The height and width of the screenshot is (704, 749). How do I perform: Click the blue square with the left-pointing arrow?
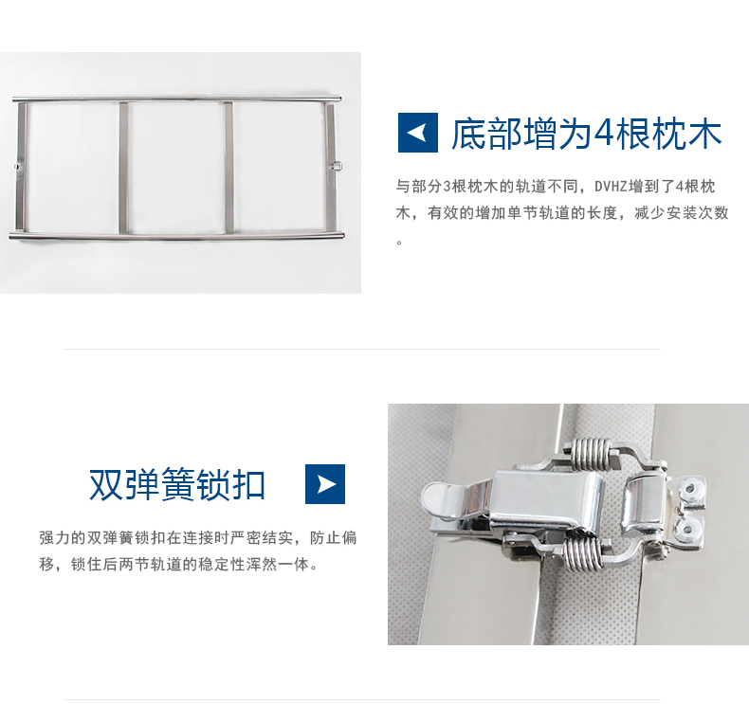[x=418, y=133]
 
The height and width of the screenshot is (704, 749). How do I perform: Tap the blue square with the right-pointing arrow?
[x=325, y=484]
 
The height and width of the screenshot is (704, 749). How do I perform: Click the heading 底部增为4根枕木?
[x=586, y=135]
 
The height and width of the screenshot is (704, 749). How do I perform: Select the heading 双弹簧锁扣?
[x=177, y=484]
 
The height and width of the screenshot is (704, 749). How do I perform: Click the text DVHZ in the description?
[x=610, y=187]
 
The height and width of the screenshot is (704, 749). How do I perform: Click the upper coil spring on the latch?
[x=591, y=454]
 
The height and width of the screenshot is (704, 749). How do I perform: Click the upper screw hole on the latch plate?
[x=690, y=490]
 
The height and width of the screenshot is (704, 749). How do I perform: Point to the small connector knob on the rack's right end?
[x=337, y=166]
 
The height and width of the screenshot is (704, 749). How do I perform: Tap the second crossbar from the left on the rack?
[x=123, y=168]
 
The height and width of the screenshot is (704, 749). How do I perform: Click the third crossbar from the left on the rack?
[x=228, y=168]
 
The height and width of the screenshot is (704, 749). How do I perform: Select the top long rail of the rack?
[x=176, y=99]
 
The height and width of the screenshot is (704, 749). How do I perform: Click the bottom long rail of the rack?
[x=176, y=236]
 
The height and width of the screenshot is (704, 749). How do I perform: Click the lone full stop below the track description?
[x=399, y=243]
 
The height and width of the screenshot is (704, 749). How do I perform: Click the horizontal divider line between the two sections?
[x=361, y=349]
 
